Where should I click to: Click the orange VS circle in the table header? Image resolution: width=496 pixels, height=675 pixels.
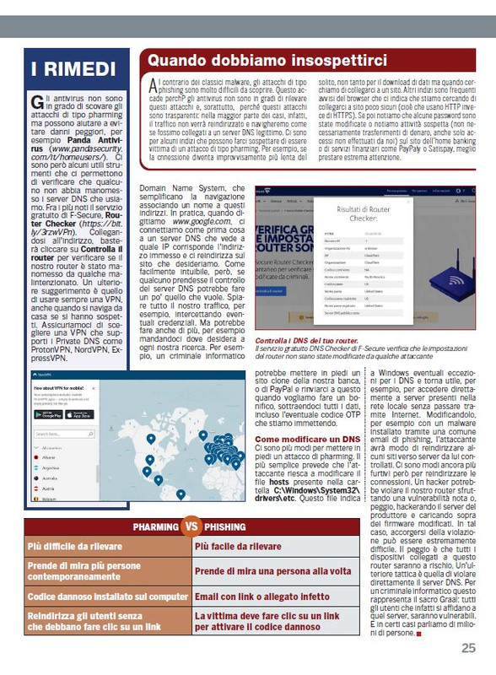(x=191, y=527)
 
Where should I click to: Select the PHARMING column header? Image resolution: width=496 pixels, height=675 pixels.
(x=155, y=527)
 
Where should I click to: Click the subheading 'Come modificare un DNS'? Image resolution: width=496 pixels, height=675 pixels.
(x=307, y=440)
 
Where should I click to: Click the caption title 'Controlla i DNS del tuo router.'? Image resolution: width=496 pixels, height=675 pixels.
(x=310, y=339)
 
